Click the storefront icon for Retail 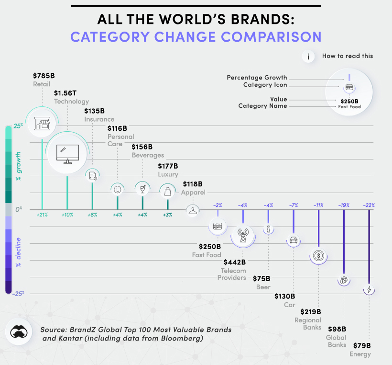(42, 125)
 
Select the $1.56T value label (64, 93)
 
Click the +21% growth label (42, 215)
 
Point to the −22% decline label (369, 205)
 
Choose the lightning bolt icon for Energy (369, 290)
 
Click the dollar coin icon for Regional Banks (319, 256)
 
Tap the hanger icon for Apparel (192, 210)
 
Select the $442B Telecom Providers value (234, 262)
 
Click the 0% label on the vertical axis (19, 209)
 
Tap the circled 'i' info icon (308, 57)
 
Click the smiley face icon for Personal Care (117, 189)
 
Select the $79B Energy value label (362, 345)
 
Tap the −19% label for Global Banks (344, 205)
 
